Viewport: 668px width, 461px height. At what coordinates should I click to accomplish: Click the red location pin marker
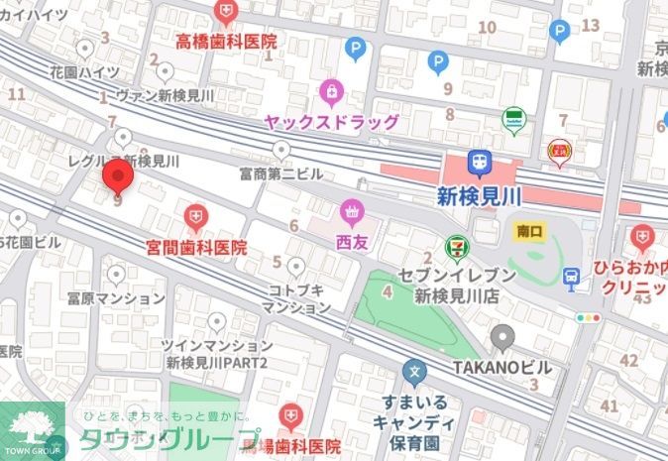coord(118,178)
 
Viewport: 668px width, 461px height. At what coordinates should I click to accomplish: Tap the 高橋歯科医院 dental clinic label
coord(226,42)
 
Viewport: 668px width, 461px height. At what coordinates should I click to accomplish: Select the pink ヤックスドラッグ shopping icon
coord(331,94)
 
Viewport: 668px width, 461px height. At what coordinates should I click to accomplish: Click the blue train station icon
coord(479,162)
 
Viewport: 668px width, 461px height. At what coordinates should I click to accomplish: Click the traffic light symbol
coord(591,318)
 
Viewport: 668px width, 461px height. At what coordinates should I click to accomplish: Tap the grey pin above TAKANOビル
coord(502,338)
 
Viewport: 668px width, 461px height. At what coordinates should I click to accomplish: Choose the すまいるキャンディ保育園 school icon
coord(414,374)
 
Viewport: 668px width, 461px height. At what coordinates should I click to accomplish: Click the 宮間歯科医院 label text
coord(196,246)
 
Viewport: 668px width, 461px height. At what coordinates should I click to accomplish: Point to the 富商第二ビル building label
coord(281,173)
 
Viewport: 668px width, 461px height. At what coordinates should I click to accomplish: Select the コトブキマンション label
coord(296,298)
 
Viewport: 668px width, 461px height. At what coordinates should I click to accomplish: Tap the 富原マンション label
coord(116,297)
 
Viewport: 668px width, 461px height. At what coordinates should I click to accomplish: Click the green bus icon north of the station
coord(513,119)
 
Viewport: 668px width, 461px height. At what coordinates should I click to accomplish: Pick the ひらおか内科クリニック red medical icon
coord(642,238)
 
